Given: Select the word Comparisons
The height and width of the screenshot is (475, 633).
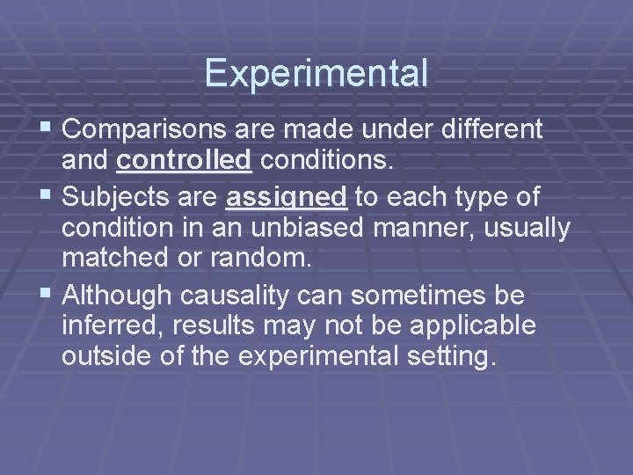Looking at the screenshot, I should (x=145, y=130).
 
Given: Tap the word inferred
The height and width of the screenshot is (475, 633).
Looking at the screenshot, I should (x=106, y=325).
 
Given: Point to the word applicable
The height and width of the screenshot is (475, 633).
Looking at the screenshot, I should (x=484, y=325).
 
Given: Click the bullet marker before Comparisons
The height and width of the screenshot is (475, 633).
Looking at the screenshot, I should (x=47, y=129).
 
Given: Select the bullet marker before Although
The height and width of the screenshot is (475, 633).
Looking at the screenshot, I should (x=47, y=293).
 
